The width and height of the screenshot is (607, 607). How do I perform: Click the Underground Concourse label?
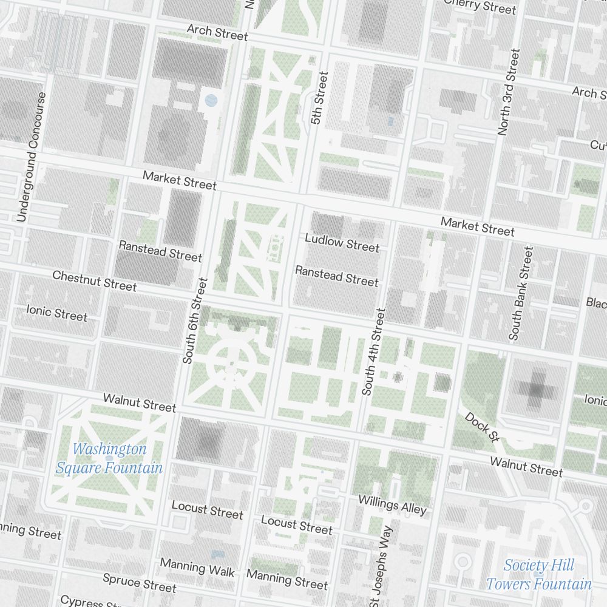click(x=32, y=157)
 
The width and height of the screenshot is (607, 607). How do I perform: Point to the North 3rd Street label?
click(x=507, y=92)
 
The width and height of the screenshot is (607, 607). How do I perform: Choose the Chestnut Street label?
click(x=94, y=280)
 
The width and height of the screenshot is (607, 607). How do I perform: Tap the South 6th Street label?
click(x=194, y=321)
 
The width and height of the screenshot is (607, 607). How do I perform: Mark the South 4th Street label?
click(x=373, y=351)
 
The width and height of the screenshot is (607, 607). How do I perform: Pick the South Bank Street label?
click(x=522, y=293)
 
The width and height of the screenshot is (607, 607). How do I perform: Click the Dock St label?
click(x=481, y=427)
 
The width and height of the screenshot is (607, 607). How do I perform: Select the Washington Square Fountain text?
click(x=109, y=458)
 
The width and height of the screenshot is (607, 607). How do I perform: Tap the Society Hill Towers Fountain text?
click(x=538, y=575)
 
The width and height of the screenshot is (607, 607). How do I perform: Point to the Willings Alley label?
click(x=392, y=504)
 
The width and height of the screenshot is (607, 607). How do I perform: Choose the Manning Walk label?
click(x=197, y=568)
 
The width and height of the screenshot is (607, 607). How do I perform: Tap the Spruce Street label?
click(x=139, y=583)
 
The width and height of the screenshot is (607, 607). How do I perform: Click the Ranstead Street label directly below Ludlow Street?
click(x=336, y=276)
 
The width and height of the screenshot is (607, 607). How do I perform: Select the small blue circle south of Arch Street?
click(x=211, y=100)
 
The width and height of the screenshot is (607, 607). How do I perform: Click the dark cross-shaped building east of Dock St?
click(x=536, y=387)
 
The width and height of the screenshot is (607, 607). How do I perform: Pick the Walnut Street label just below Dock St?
click(x=526, y=466)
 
